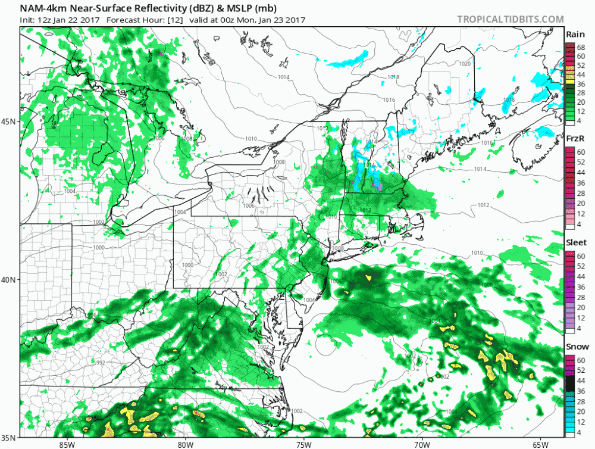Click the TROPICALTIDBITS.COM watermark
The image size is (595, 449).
point(510,19)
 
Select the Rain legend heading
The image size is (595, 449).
point(575,35)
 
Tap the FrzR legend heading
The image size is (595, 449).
point(575,138)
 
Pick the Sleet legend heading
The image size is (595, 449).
point(575,242)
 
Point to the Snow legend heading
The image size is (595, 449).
point(575,347)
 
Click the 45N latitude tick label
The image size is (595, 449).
point(10,121)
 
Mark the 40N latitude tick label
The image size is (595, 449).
point(10,279)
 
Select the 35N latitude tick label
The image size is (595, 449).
point(10,438)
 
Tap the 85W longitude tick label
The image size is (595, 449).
point(67,444)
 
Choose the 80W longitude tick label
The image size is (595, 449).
point(185,444)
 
